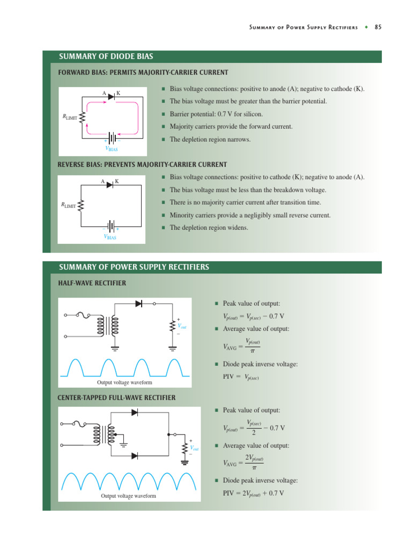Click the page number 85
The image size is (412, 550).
tap(378, 27)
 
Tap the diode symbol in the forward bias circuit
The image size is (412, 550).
tap(111, 97)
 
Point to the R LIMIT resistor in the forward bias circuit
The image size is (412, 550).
tap(82, 117)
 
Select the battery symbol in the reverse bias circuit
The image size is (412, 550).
tap(111, 226)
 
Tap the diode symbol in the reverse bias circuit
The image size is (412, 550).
tap(110, 185)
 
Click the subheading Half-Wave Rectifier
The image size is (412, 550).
tap(92, 283)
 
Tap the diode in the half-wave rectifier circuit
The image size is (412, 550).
tap(139, 303)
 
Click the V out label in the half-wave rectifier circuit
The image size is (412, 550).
tap(182, 327)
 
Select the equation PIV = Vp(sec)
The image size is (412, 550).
tap(241, 377)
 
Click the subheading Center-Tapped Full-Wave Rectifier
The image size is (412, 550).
tap(116, 397)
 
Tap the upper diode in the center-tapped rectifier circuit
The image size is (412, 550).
tap(135, 412)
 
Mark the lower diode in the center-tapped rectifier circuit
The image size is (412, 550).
tap(135, 455)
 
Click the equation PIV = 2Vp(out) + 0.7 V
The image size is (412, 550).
tap(253, 493)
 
